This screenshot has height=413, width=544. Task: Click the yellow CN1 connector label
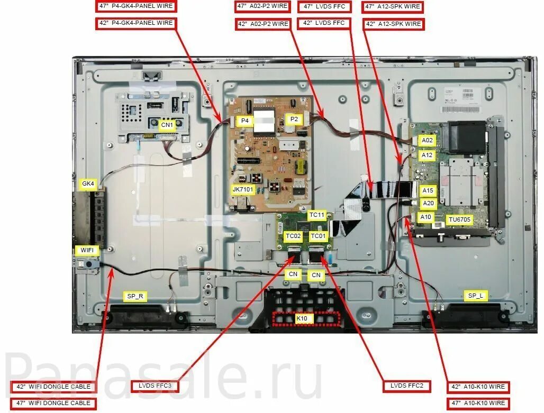(x=168, y=125)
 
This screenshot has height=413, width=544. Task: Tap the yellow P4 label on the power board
(x=245, y=121)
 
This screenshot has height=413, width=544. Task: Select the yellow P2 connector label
(x=294, y=120)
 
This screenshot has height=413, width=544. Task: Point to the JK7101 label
(x=243, y=189)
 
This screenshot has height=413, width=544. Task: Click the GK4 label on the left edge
(x=88, y=184)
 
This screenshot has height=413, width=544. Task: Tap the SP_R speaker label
(x=135, y=296)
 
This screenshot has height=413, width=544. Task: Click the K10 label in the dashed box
(x=302, y=318)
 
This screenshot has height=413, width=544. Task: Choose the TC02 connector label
(x=293, y=236)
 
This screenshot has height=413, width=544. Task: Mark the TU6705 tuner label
(x=459, y=219)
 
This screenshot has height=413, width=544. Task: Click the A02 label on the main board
(x=427, y=141)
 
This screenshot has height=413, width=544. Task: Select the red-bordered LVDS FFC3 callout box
(x=155, y=386)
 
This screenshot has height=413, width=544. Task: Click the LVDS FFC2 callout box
(x=407, y=386)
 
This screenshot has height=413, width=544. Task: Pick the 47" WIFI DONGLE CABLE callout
(x=53, y=403)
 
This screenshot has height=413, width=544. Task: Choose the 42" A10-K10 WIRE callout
(x=478, y=387)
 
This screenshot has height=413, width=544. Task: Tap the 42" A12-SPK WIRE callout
(x=393, y=24)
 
